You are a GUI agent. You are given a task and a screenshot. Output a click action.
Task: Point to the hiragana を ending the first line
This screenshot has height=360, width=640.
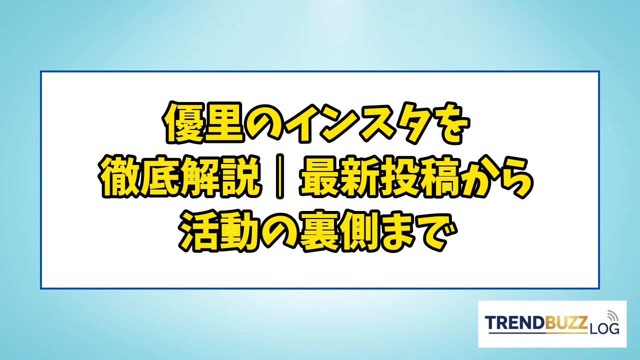coord(443,123)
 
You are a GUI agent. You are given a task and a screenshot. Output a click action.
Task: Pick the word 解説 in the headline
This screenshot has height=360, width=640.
coord(221,177)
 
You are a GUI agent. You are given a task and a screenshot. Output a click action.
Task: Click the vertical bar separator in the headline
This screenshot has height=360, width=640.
coord(280,177)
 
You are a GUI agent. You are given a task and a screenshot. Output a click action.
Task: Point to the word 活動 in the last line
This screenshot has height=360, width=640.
coord(219,230)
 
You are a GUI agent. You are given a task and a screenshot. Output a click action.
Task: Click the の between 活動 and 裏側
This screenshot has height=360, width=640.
coord(278,231)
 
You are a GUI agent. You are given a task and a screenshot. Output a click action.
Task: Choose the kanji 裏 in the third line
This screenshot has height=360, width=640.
coord(318,230)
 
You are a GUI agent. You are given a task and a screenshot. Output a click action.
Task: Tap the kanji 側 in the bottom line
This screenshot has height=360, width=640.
coord(359,230)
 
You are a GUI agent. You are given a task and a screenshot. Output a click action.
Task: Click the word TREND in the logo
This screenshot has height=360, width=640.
coord(515,323)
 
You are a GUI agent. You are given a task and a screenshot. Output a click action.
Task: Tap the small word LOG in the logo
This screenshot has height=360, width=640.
coord(604,328)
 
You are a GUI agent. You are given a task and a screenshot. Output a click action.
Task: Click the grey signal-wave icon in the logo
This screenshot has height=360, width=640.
coord(612,315)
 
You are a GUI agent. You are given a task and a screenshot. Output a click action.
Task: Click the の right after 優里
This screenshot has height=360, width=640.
coord(266,123)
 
